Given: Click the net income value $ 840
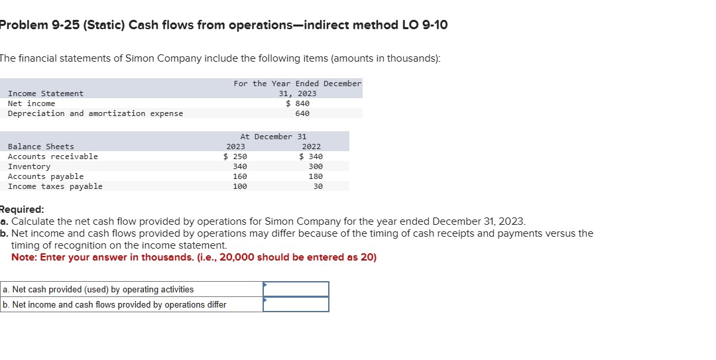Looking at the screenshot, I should pyautogui.click(x=298, y=103).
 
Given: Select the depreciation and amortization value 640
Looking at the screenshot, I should pyautogui.click(x=302, y=113).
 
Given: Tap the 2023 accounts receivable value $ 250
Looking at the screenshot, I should pyautogui.click(x=235, y=156).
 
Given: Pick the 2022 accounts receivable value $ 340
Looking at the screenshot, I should pyautogui.click(x=311, y=156).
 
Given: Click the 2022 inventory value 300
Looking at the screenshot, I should pyautogui.click(x=316, y=166).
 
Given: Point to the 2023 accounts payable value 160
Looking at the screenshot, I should pyautogui.click(x=240, y=176).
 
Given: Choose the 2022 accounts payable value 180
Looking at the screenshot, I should pyautogui.click(x=316, y=176).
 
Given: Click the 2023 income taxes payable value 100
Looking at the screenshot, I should pyautogui.click(x=240, y=186).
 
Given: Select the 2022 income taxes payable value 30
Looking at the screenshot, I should pyautogui.click(x=318, y=186).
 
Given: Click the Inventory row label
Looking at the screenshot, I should pyautogui.click(x=29, y=166).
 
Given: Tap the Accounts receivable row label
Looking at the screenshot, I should pyautogui.click(x=52, y=156).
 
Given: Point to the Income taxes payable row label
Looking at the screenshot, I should pyautogui.click(x=55, y=186).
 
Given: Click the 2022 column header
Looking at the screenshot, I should pyautogui.click(x=311, y=147).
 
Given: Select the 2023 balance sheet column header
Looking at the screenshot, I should pyautogui.click(x=235, y=147).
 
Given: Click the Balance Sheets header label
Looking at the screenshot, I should pyautogui.click(x=41, y=147).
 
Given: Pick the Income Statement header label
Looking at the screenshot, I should pyautogui.click(x=46, y=93).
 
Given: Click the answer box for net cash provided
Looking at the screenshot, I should pyautogui.click(x=296, y=289).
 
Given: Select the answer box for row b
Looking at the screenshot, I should pyautogui.click(x=296, y=304).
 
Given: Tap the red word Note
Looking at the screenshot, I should pyautogui.click(x=23, y=257).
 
